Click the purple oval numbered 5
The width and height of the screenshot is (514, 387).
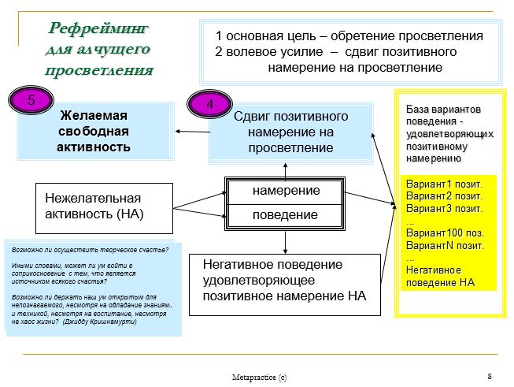click(31, 100)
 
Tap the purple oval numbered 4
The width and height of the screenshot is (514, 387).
click(210, 104)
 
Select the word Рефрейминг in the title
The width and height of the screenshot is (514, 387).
click(98, 28)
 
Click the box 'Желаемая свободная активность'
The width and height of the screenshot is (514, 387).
click(95, 132)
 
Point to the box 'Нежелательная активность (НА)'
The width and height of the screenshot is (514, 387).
click(104, 208)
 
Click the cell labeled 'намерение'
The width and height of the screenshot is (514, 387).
click(285, 191)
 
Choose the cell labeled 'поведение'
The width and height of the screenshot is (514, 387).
click(285, 215)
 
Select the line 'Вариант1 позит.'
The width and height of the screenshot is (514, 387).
click(444, 184)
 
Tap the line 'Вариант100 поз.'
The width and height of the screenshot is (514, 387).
click(445, 233)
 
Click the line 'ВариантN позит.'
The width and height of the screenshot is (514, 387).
click(445, 246)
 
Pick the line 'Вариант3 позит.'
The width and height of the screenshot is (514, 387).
click(444, 208)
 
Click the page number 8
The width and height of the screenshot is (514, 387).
click(490, 376)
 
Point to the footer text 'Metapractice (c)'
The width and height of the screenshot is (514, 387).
click(259, 378)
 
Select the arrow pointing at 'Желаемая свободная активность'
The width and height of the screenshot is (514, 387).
click(193, 132)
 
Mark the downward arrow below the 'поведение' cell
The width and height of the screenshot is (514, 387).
click(285, 242)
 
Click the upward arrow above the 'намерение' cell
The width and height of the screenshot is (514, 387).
click(285, 172)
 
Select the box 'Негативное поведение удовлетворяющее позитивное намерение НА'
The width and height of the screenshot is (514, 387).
click(285, 285)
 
